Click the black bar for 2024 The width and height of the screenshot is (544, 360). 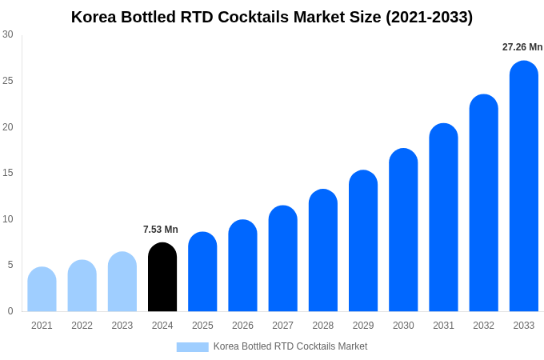pos(162,277)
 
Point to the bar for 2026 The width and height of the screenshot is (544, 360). pos(242,266)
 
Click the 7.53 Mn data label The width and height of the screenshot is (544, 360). pos(161,230)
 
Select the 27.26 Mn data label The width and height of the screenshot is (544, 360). pos(522,47)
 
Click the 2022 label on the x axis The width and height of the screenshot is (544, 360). pos(82,326)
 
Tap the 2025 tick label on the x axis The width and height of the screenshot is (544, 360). pos(202,326)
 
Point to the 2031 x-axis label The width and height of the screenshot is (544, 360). pos(443,326)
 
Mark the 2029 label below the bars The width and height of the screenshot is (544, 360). pos(362,326)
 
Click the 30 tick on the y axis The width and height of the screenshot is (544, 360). pos(8,34)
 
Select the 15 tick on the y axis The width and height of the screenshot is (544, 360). pos(8,173)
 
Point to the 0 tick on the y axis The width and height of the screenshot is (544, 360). pos(10,311)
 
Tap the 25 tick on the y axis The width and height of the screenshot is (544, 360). pos(8,81)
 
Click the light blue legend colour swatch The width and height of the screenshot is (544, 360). pos(192,346)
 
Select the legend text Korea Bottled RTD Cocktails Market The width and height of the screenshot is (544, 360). pos(290,346)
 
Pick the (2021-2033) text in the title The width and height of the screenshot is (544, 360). pos(430,17)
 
